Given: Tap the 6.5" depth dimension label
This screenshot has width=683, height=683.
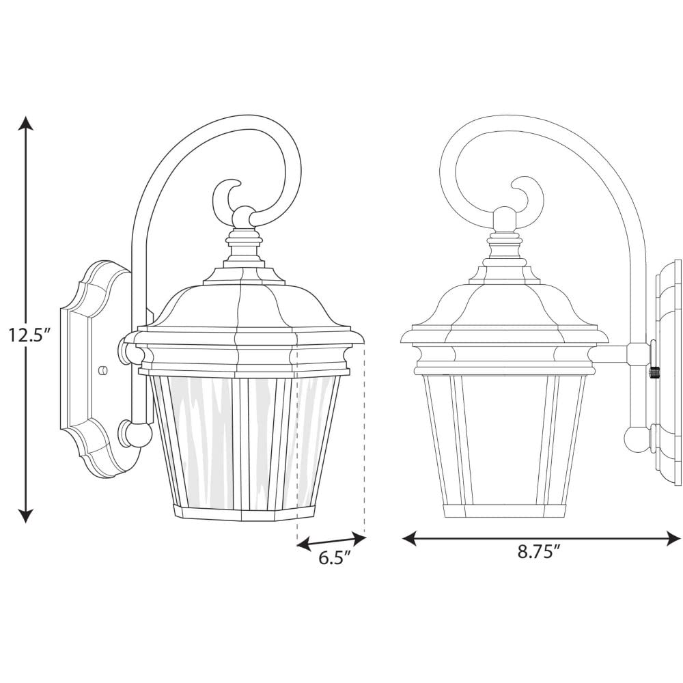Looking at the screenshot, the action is pyautogui.click(x=335, y=557).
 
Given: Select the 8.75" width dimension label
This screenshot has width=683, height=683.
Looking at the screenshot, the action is pyautogui.click(x=538, y=552).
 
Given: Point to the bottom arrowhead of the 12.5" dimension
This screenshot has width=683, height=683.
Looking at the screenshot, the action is pyautogui.click(x=27, y=514).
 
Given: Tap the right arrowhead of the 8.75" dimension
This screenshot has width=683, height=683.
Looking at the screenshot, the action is pyautogui.click(x=673, y=539).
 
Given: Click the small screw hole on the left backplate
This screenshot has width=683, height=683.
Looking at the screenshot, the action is pyautogui.click(x=104, y=370).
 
